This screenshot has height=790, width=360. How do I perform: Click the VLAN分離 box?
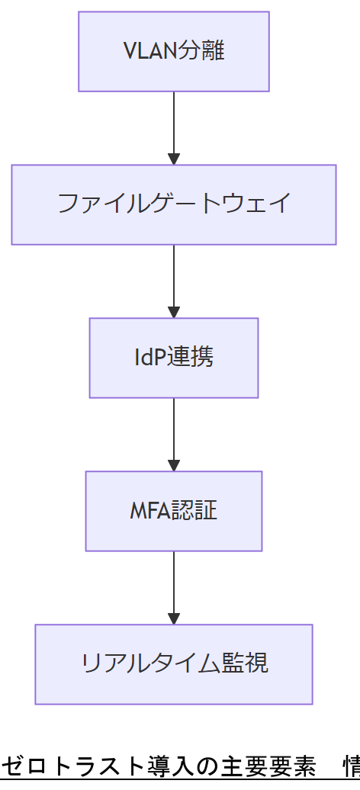[174, 51]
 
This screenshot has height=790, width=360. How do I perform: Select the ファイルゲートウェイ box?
[174, 204]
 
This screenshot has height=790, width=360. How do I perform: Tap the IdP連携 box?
[174, 358]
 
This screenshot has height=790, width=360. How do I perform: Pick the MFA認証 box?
[174, 510]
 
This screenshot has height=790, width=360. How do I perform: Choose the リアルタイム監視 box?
[174, 663]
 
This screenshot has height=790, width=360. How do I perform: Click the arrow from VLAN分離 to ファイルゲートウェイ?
[174, 127]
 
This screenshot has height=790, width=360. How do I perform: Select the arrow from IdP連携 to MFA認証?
[174, 434]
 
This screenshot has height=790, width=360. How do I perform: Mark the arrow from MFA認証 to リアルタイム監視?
[174, 587]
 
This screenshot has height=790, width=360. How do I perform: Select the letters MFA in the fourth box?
[147, 510]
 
